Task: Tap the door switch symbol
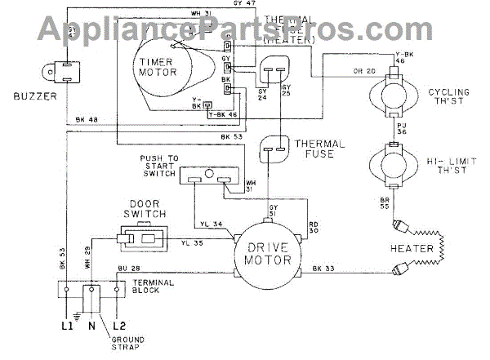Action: point(142,240)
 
